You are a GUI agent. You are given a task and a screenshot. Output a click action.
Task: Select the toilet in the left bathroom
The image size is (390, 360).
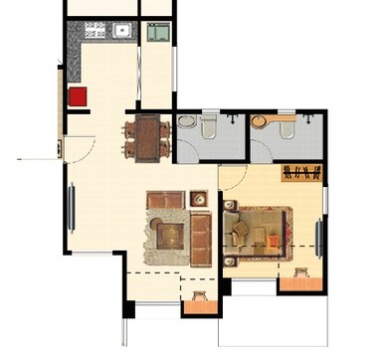[x=208, y=128]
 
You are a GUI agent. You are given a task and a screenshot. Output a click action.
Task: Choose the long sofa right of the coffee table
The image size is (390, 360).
[x=201, y=236]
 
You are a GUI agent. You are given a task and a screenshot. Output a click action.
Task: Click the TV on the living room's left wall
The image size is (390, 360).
[x=71, y=208]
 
